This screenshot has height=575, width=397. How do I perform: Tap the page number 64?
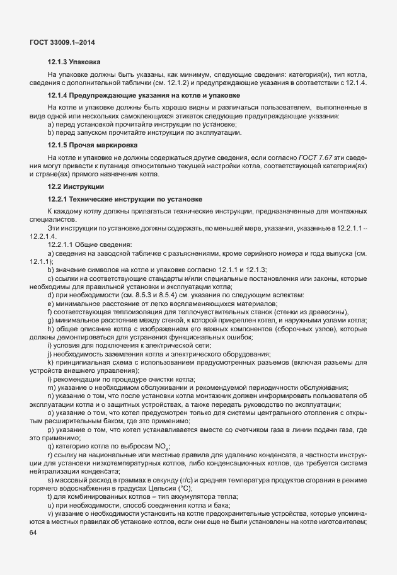click(33, 533)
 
